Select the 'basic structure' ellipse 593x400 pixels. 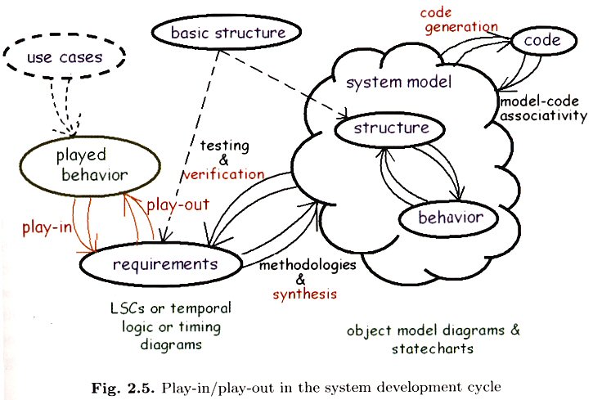coord(228,34)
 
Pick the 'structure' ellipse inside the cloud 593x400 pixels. coord(392,128)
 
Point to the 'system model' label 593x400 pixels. coord(398,83)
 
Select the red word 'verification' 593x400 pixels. coord(224,174)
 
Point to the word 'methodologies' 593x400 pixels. coord(308,266)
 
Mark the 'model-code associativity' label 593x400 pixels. coord(542,109)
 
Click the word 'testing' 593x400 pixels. coord(224,145)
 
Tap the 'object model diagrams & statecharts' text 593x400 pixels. coord(433,339)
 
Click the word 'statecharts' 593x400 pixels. coord(433,348)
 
